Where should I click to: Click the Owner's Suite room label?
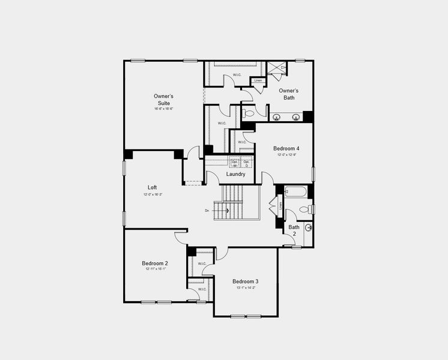point(163,99)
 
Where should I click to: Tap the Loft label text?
point(153,187)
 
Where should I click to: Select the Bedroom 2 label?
point(155,263)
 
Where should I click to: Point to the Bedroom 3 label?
point(246,281)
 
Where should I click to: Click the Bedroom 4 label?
point(286,148)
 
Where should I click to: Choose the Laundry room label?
point(235,174)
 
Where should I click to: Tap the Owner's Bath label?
point(289,94)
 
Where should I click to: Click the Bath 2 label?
point(294,230)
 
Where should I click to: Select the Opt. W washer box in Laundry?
point(235,163)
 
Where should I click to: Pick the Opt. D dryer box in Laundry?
point(247,163)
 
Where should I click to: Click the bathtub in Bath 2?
point(295,192)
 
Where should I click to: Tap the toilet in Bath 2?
point(307,209)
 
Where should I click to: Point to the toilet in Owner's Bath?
point(252,112)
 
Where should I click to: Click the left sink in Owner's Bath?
point(277,117)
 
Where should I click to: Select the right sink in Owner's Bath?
point(295,117)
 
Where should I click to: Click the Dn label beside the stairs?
point(207,210)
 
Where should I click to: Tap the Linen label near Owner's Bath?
point(258,80)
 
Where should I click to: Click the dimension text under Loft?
point(153,194)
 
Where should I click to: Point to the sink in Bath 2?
point(308,227)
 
